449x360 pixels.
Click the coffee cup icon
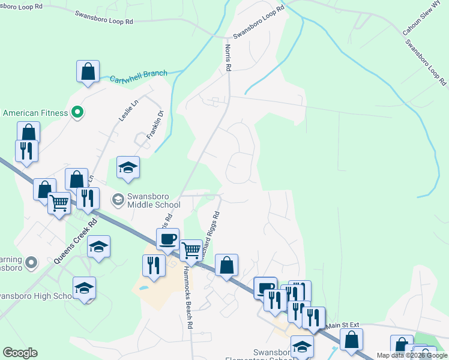(x=168, y=238)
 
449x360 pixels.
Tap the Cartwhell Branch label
(x=139, y=76)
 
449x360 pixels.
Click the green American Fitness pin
(x=77, y=112)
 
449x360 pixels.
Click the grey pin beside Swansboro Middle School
(x=119, y=199)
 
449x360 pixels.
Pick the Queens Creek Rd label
(x=75, y=242)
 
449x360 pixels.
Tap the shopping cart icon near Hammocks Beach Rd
(x=191, y=249)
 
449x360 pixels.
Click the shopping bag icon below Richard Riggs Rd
(x=227, y=265)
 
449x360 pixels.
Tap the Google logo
(x=20, y=353)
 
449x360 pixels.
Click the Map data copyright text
(x=412, y=355)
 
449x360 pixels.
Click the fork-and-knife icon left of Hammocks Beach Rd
(x=154, y=265)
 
